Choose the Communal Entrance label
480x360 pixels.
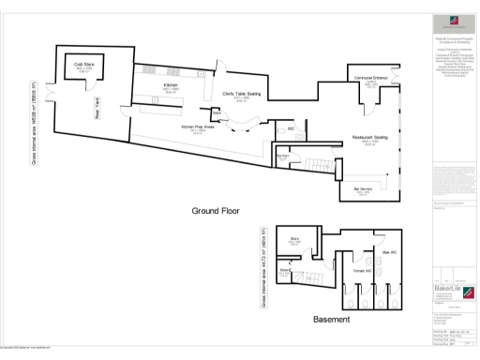369,79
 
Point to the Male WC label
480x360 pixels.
387,252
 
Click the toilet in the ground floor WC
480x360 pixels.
303,133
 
